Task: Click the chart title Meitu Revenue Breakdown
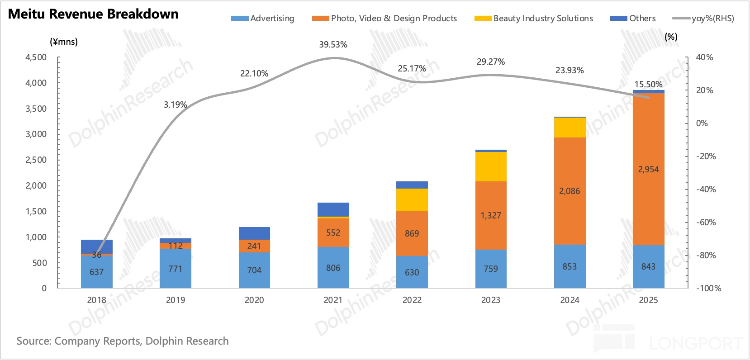[x=93, y=14]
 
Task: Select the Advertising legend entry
[x=263, y=19]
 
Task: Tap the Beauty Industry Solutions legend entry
[x=534, y=19]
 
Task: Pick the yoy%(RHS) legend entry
[x=703, y=19]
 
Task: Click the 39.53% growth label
[x=333, y=44]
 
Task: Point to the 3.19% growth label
[x=175, y=104]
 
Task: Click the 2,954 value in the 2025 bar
[x=648, y=169]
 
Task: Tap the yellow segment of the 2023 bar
[x=491, y=166]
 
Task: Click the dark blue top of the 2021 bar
[x=333, y=209]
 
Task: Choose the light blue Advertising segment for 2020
[x=254, y=270]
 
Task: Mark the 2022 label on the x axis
[x=412, y=300]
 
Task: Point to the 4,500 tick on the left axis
[x=36, y=57]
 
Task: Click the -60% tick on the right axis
[x=706, y=222]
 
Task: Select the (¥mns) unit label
[x=63, y=42]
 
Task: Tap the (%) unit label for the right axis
[x=671, y=37]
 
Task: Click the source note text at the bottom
[x=122, y=341]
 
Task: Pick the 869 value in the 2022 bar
[x=412, y=233]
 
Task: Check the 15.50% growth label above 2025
[x=648, y=84]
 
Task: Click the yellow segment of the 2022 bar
[x=412, y=199]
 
